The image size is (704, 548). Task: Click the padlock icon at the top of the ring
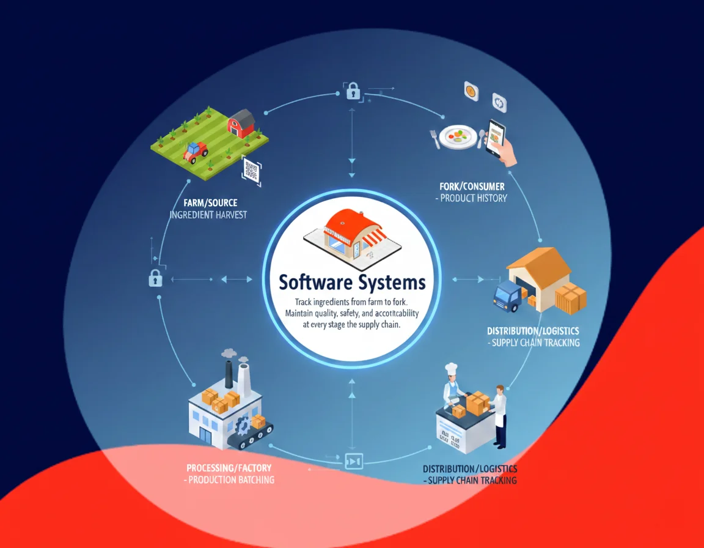click(353, 92)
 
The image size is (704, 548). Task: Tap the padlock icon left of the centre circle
click(155, 278)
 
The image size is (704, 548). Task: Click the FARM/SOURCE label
click(210, 202)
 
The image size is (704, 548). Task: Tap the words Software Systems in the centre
click(351, 283)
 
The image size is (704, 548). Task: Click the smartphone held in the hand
click(496, 138)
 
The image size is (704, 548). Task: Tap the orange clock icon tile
click(471, 91)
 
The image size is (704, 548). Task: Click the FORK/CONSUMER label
click(472, 185)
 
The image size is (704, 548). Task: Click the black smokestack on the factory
click(229, 373)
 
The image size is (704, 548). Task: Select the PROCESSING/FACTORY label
click(229, 468)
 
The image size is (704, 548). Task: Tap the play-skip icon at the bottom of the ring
click(353, 461)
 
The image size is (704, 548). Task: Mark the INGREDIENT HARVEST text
click(208, 215)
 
